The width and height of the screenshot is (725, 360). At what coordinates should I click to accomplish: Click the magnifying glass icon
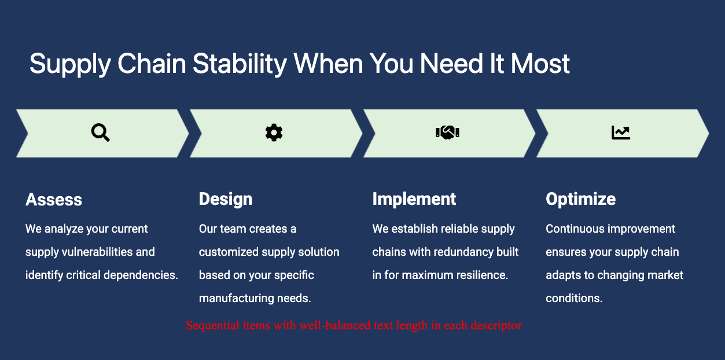click(x=100, y=133)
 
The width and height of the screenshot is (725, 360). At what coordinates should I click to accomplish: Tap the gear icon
click(x=274, y=133)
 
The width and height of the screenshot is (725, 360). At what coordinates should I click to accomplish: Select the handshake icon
click(x=448, y=133)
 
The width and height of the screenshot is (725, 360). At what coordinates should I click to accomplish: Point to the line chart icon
click(x=621, y=133)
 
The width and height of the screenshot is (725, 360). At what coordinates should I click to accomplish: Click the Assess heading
click(x=54, y=199)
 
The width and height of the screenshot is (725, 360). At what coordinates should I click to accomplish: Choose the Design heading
click(x=226, y=199)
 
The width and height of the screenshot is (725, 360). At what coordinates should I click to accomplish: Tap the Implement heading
click(x=414, y=199)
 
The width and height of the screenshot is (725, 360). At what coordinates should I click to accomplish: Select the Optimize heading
click(x=581, y=199)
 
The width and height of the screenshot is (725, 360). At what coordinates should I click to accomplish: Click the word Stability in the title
click(x=240, y=64)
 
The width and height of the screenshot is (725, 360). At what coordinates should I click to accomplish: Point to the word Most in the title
click(x=540, y=64)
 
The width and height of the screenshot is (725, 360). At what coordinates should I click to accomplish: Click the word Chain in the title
click(x=152, y=64)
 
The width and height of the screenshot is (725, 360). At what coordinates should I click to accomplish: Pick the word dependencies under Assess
click(x=141, y=275)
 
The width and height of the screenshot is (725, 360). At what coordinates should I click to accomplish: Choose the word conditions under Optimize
click(x=574, y=299)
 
